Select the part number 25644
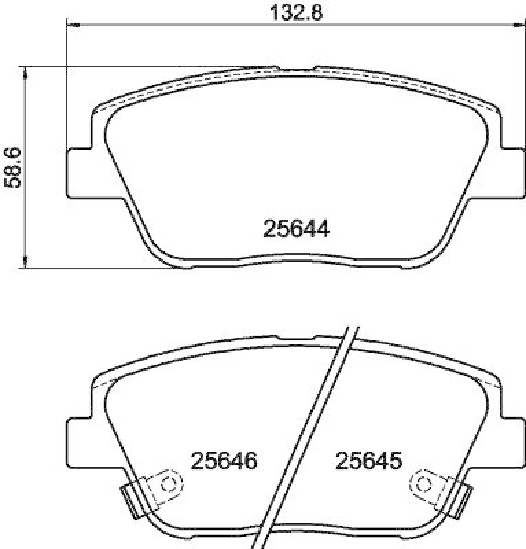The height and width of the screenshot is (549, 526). point(297,230)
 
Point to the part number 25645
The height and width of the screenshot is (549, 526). point(367,460)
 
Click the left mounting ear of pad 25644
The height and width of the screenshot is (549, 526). point(78,171)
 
